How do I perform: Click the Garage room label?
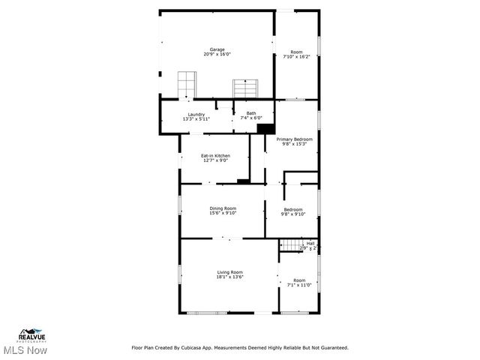[217, 49]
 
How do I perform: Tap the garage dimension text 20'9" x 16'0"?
[217, 55]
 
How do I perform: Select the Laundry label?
[196, 114]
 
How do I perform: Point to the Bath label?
[250, 113]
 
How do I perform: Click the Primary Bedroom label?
[294, 139]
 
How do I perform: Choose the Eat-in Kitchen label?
[214, 155]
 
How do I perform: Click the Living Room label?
[229, 271]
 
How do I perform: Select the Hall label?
[310, 242]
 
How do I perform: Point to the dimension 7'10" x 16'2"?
[297, 57]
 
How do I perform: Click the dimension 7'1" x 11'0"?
[299, 285]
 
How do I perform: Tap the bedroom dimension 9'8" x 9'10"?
[293, 214]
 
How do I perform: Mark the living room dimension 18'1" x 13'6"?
[229, 277]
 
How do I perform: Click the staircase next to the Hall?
[289, 244]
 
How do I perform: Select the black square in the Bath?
[264, 128]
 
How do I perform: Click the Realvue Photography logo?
[33, 334]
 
